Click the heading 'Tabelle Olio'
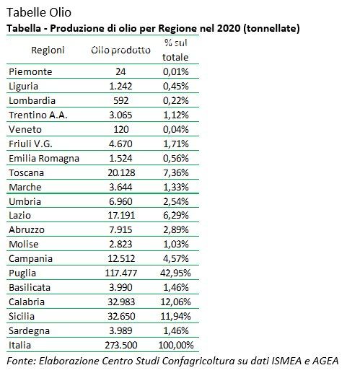(38, 12)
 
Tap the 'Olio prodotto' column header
(121, 51)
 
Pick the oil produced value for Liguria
(121, 87)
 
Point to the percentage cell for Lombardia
(176, 101)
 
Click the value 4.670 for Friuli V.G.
(121, 144)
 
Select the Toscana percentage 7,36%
(176, 173)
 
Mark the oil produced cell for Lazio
(121, 216)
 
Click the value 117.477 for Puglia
(121, 273)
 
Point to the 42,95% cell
(176, 273)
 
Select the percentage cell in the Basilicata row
(176, 288)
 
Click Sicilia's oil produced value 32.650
(121, 317)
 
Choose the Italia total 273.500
(121, 346)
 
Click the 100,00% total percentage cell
(176, 346)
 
